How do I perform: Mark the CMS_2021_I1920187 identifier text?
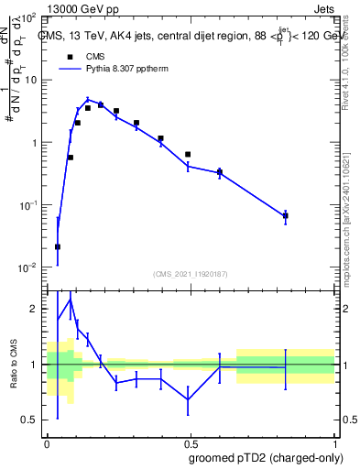click(x=191, y=273)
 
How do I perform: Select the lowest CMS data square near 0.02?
click(x=58, y=246)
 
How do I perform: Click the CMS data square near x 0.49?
click(x=188, y=155)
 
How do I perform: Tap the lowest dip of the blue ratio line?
click(x=188, y=399)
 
